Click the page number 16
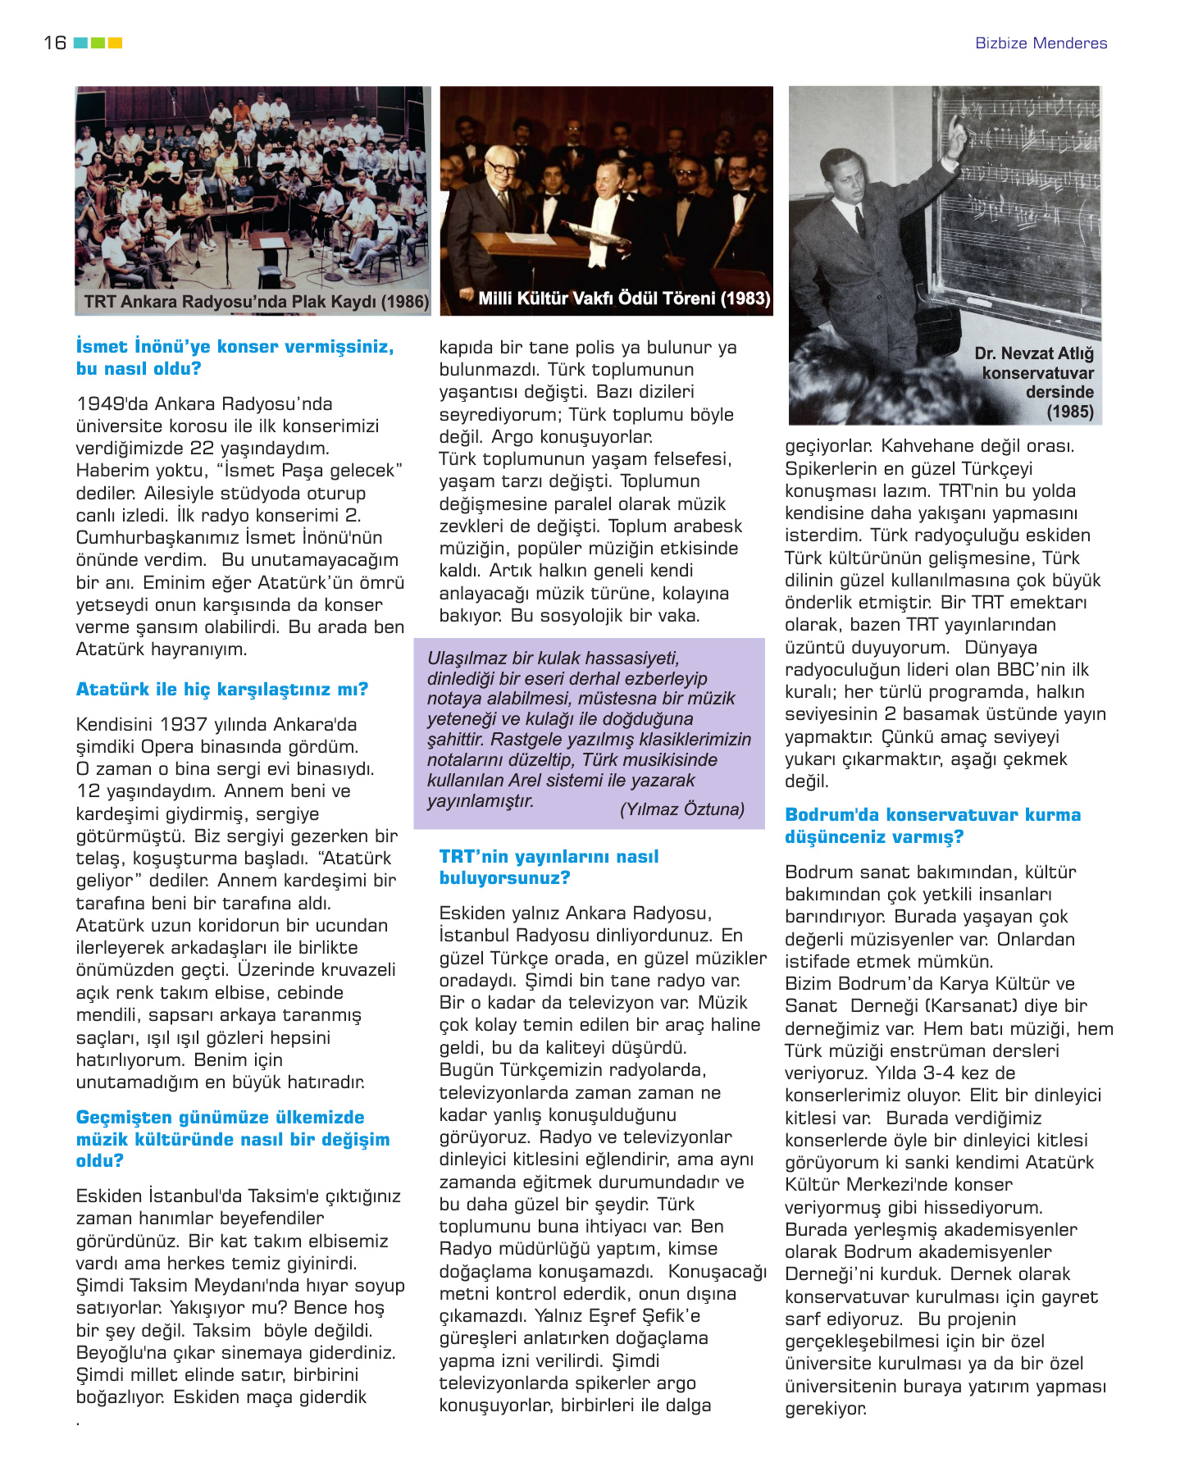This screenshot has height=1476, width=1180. tap(55, 43)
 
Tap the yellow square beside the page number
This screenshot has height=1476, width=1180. tap(115, 43)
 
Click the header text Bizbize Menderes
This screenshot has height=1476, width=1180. tap(1041, 43)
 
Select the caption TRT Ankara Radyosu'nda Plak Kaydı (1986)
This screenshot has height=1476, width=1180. tap(256, 302)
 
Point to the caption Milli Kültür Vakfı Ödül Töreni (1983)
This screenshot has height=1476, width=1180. tap(624, 298)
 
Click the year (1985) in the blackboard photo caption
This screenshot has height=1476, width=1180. tap(1069, 412)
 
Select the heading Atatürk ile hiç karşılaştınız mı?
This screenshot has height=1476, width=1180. tap(222, 689)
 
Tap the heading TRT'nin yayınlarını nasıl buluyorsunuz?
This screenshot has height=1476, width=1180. tap(549, 867)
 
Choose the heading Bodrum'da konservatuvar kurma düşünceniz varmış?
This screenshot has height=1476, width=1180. tap(932, 826)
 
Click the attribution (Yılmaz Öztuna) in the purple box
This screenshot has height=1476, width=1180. tap(681, 809)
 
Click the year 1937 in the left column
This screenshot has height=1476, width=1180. tap(183, 724)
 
